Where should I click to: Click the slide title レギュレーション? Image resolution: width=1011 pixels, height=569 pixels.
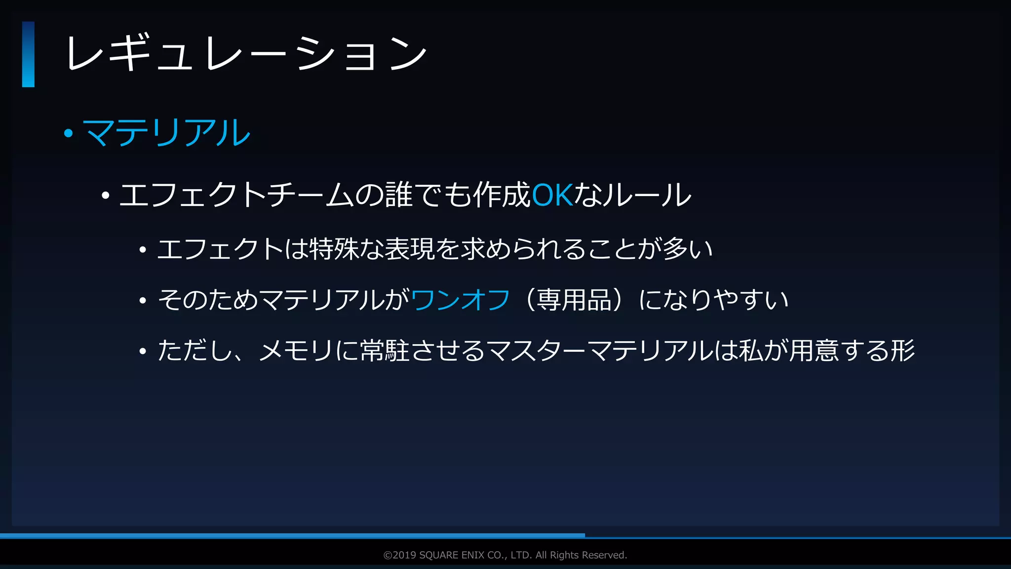[x=245, y=53]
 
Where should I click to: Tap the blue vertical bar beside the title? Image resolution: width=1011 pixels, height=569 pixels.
[x=28, y=54]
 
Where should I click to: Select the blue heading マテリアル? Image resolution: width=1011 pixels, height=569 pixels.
[x=167, y=133]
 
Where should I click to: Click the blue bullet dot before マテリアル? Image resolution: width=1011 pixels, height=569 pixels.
[x=69, y=133]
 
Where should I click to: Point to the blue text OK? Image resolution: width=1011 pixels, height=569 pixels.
[x=552, y=195]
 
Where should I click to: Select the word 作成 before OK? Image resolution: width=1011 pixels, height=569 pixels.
[x=502, y=195]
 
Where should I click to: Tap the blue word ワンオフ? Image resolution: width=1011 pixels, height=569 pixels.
[x=460, y=300]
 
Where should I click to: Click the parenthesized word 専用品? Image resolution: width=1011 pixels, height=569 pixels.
[x=574, y=300]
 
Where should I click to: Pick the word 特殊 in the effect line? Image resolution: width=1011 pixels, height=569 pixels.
[x=333, y=249]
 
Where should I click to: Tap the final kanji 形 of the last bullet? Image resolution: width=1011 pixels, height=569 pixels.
[x=902, y=351]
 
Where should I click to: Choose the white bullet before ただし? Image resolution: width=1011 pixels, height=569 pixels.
[x=143, y=351]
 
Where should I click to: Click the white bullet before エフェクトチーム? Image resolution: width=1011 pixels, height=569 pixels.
[x=105, y=196]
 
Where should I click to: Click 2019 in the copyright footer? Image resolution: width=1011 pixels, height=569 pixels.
[x=404, y=555]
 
